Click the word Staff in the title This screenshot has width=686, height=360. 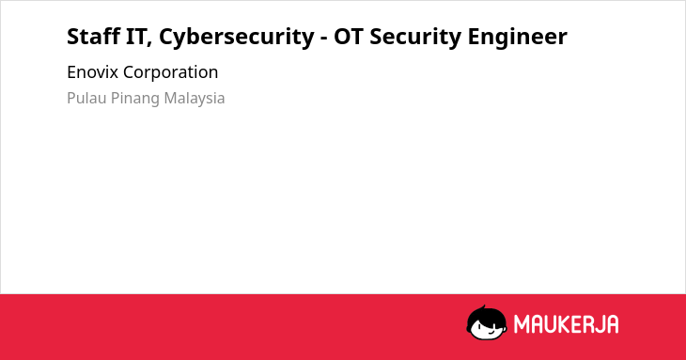tap(93, 36)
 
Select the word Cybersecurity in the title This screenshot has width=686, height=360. tap(236, 37)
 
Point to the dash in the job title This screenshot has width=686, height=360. tap(324, 39)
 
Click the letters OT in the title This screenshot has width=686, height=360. tap(349, 36)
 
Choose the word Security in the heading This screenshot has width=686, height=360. tap(414, 37)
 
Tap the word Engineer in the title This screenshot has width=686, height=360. tap(517, 37)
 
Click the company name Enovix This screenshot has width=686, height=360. tap(92, 72)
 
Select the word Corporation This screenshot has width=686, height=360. tap(171, 73)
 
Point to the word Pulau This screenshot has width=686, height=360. tap(86, 98)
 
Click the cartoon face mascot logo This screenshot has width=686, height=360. tap(487, 322)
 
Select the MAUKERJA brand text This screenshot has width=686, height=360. tap(566, 324)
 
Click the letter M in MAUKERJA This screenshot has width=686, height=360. tap(522, 324)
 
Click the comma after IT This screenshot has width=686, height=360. tap(149, 44)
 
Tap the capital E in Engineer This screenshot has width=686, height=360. tap(474, 36)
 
